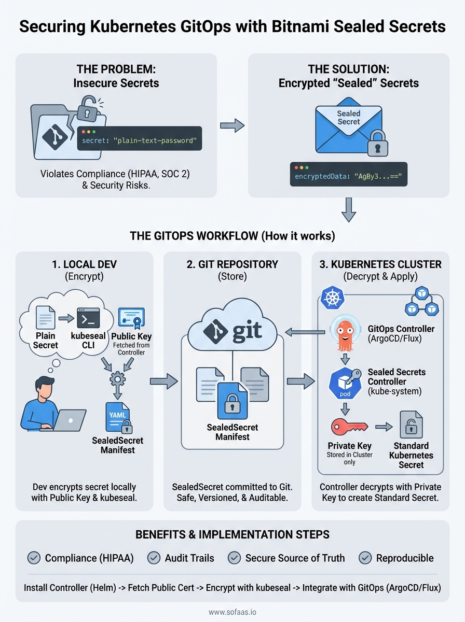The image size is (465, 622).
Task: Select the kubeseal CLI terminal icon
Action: click(x=88, y=318)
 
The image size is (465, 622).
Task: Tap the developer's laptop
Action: click(x=70, y=420)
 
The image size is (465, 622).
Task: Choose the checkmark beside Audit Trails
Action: click(x=154, y=558)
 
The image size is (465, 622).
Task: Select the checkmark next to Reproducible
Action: click(x=365, y=558)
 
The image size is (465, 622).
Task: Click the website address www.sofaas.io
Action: click(x=232, y=612)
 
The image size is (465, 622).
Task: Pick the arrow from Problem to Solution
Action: click(x=232, y=125)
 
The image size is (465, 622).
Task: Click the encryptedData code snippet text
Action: click(x=351, y=177)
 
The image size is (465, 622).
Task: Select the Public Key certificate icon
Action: click(x=131, y=317)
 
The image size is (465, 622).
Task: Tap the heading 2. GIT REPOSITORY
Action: click(x=232, y=264)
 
